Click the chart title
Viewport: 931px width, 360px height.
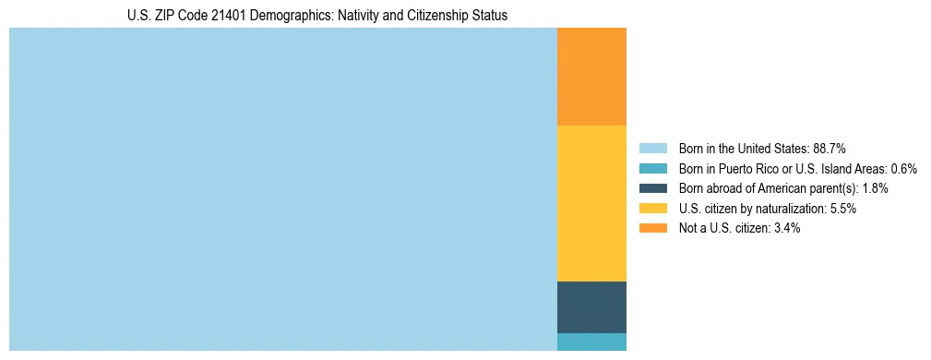point(317,16)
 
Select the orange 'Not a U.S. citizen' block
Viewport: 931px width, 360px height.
point(591,77)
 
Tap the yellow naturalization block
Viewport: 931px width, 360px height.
point(591,203)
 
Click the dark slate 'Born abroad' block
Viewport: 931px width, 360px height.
point(591,306)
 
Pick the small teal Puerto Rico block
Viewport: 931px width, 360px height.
point(591,342)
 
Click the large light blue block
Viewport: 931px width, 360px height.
point(283,189)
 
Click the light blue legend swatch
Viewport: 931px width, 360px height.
point(653,148)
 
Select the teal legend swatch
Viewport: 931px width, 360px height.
point(653,168)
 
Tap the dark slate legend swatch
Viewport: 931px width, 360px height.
point(653,188)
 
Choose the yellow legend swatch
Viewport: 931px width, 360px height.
point(653,209)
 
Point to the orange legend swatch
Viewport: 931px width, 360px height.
point(653,228)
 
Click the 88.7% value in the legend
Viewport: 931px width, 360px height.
point(830,148)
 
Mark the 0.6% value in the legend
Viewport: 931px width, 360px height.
point(903,168)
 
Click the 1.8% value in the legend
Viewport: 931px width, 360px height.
point(876,188)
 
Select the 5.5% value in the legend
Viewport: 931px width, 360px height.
point(843,209)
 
